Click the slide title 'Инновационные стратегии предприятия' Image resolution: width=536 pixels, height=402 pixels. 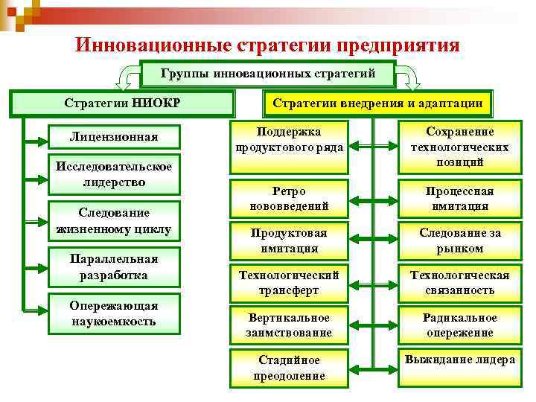click(267, 45)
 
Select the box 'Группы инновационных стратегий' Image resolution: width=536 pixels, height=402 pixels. click(267, 74)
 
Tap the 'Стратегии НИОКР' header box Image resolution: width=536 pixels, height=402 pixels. click(123, 103)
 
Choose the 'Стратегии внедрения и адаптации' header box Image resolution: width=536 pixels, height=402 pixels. click(378, 103)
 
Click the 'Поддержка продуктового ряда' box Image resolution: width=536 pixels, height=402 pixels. click(289, 139)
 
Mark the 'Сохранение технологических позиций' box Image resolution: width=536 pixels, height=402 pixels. click(459, 147)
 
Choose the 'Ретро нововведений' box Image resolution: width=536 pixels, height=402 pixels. click(289, 198)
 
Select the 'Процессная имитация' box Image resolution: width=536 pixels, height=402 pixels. click(459, 198)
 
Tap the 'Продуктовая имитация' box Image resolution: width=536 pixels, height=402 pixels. click(289, 240)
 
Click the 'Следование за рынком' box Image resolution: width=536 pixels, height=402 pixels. click(459, 240)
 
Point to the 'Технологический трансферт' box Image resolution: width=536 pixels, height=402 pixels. click(289, 282)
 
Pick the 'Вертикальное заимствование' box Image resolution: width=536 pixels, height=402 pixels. click(289, 325)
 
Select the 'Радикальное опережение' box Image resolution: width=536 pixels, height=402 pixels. click(459, 325)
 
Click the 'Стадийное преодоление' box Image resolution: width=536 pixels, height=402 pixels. click(289, 367)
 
